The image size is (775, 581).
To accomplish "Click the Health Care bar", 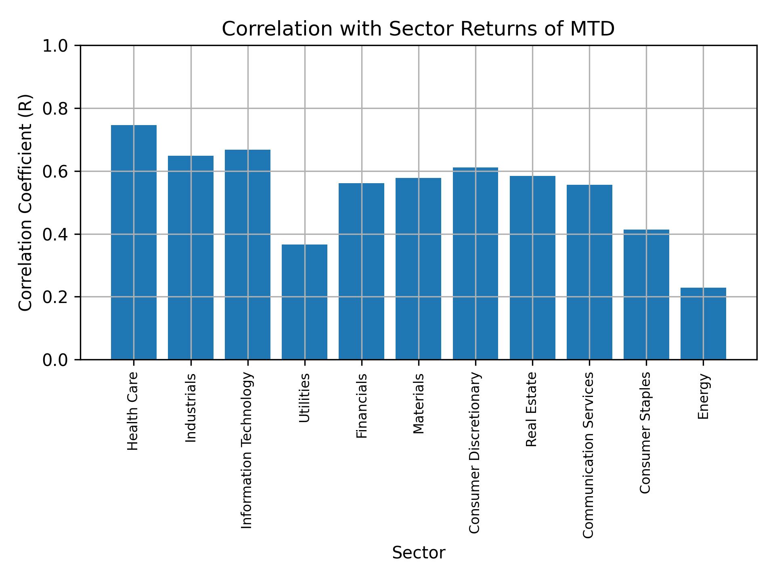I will tap(134, 242).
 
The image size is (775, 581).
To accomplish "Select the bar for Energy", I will tap(703, 323).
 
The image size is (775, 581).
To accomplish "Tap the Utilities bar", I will tap(304, 302).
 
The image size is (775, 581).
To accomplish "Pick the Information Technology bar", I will tap(247, 254).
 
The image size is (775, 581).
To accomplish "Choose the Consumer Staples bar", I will tap(646, 294).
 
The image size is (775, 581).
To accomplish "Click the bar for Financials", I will tap(361, 271).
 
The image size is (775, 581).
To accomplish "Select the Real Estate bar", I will tap(532, 268).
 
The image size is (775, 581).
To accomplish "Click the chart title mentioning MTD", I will tap(418, 29).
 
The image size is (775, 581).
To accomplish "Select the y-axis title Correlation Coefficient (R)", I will tap(25, 203).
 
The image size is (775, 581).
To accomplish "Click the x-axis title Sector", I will tap(419, 553).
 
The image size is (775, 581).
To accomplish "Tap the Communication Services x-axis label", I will tap(589, 455).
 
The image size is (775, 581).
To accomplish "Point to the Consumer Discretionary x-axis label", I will tap(475, 453).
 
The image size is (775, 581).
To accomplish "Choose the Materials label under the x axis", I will tap(419, 403).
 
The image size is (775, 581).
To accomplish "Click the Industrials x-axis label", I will tap(191, 408).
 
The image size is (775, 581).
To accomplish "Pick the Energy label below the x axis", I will tap(703, 396).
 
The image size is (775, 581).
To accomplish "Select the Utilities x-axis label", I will tap(305, 398).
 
